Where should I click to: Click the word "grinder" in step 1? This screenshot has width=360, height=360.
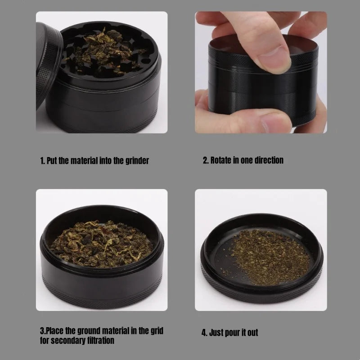(137, 161)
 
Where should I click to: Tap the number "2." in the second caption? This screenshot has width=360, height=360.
(206, 160)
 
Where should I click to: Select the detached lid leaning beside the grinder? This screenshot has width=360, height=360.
(48, 64)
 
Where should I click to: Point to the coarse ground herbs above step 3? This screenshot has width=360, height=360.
(101, 244)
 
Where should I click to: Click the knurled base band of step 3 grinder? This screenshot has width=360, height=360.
(102, 296)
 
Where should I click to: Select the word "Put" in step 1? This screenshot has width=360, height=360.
(52, 161)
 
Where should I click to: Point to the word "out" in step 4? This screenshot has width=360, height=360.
(252, 333)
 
